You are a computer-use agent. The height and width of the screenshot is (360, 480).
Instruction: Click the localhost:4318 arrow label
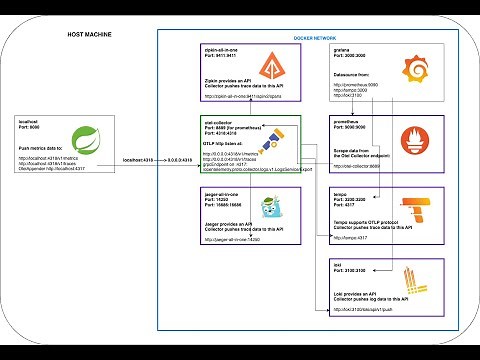[x=137, y=159]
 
